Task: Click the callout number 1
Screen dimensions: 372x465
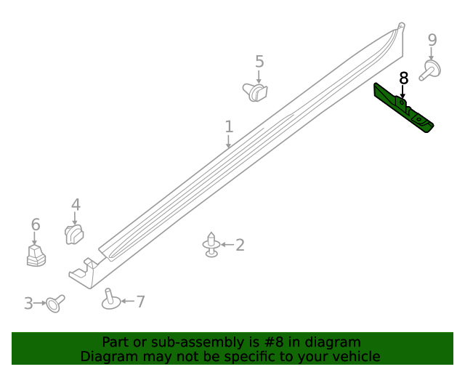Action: pos(229,126)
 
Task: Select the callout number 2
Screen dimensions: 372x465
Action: pos(239,245)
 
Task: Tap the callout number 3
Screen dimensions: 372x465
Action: pos(28,303)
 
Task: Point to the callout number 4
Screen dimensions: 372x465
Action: pos(76,206)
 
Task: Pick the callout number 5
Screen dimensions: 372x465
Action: pos(259,62)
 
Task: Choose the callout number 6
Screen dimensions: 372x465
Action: pos(35,225)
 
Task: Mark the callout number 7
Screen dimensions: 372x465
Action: pos(140,301)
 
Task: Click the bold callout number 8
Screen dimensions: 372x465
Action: pos(404,77)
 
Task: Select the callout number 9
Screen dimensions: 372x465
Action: pos(432,39)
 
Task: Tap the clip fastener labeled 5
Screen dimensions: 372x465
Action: pos(255,92)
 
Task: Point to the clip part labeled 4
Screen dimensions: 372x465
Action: pos(74,234)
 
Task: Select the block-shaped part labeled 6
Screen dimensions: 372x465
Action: pos(36,255)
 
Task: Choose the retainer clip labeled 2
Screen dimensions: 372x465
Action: pos(211,245)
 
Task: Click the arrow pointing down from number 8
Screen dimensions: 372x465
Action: pos(403,92)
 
